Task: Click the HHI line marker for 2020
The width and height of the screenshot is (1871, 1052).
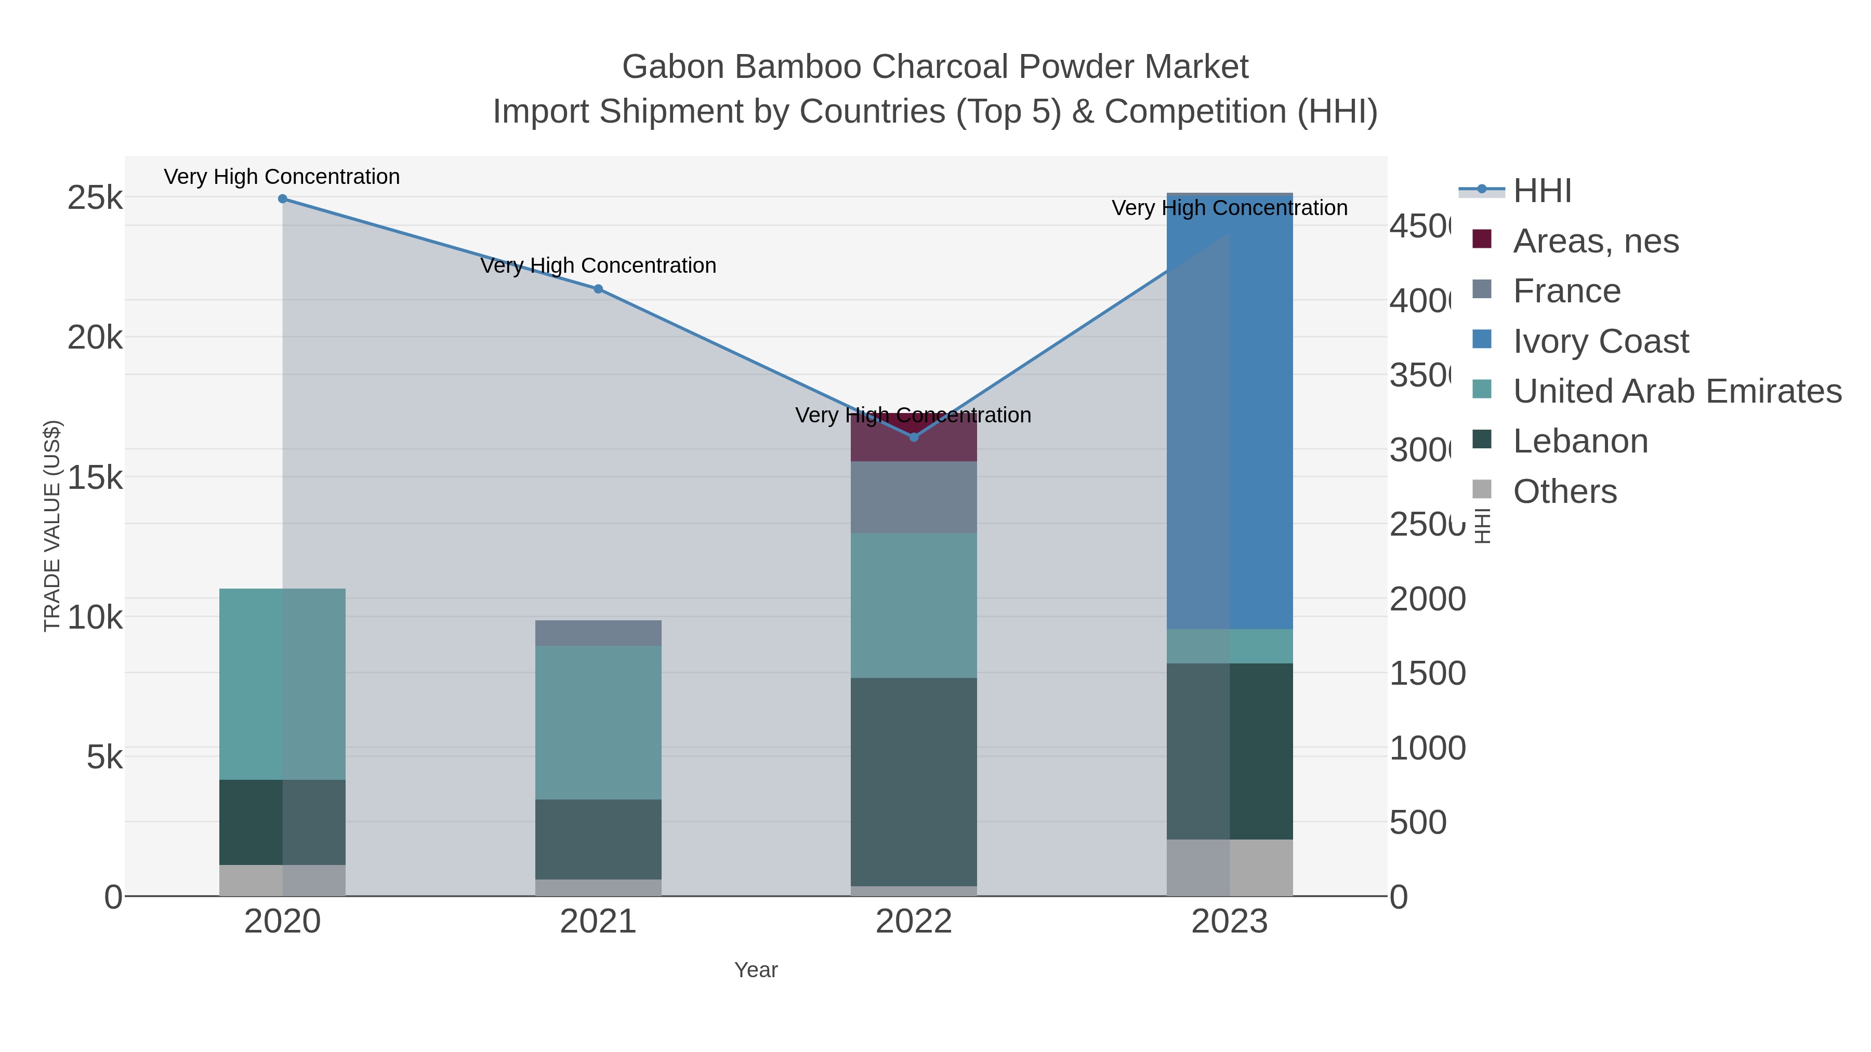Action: coord(283,199)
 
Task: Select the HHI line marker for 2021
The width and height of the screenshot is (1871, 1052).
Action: coord(598,289)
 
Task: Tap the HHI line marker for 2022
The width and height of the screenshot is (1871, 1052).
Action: coord(914,437)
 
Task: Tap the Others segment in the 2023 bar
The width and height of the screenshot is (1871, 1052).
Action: coord(1229,868)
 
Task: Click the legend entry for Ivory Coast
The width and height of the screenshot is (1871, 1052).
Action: coord(1601,341)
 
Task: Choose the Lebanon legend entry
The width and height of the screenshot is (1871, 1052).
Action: coord(1580,442)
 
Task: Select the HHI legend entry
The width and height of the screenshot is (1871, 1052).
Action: coord(1542,191)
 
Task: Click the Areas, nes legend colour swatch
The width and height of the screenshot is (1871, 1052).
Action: coord(1482,239)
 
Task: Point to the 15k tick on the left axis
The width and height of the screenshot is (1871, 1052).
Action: coord(95,478)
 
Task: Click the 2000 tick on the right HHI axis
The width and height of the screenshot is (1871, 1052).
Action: coord(1427,600)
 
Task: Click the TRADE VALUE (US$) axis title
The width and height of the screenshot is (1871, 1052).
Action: coord(52,526)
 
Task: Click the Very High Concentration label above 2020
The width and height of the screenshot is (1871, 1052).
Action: coord(282,177)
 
